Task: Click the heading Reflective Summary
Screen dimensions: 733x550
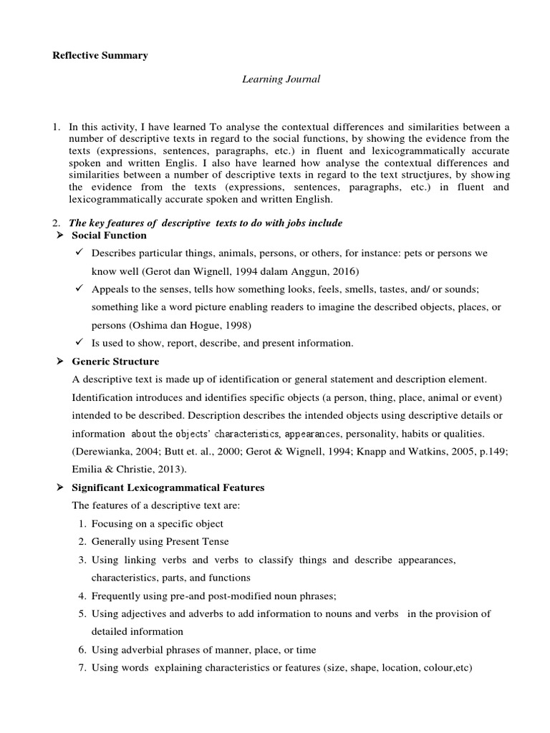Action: (100, 56)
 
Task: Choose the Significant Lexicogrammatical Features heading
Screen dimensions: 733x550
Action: (168, 487)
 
